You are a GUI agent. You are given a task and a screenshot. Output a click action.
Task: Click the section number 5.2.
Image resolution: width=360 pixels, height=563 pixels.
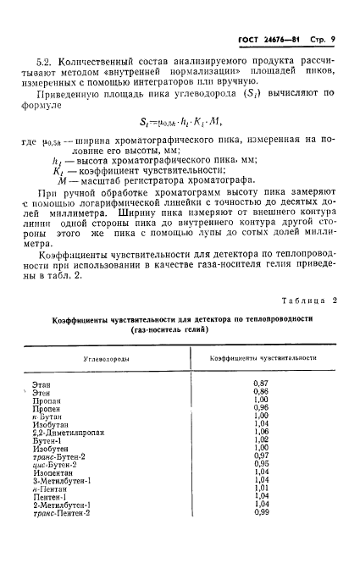point(44,62)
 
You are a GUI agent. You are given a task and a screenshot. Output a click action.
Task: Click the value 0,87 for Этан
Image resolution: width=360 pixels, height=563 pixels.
point(262,384)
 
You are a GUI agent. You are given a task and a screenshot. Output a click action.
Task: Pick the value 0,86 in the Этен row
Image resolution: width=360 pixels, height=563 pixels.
point(262,392)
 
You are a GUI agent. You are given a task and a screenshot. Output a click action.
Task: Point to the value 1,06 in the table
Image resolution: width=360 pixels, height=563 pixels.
point(262,432)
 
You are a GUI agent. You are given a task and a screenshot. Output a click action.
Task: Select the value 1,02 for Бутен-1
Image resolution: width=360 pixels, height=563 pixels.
point(262,440)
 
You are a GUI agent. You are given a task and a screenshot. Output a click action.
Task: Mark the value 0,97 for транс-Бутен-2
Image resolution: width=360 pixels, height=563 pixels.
point(262,456)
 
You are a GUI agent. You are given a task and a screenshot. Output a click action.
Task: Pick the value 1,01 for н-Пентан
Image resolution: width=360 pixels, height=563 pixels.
point(262,488)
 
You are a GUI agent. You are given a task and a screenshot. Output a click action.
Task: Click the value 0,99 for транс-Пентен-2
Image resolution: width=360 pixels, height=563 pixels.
point(262,512)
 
